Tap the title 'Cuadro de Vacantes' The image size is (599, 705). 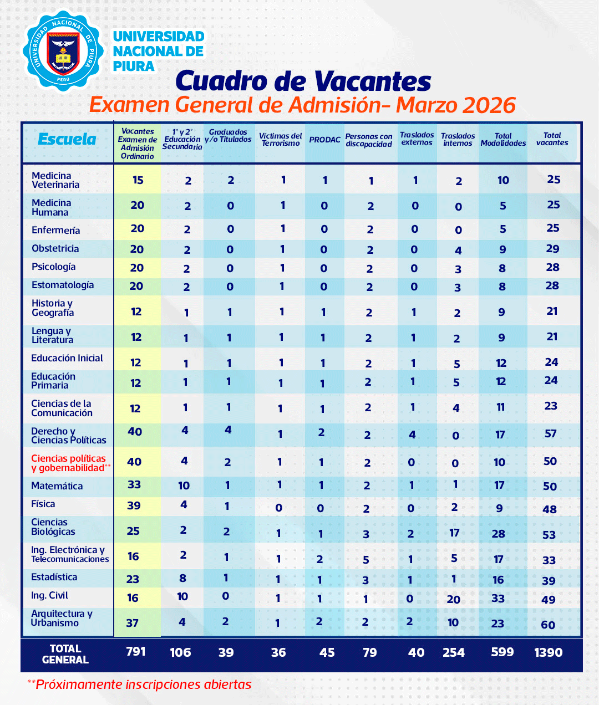(x=303, y=81)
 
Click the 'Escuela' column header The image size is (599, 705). (x=67, y=140)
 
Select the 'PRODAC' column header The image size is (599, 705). (x=324, y=140)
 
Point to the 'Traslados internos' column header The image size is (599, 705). (x=458, y=140)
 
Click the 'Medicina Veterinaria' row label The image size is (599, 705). (x=55, y=180)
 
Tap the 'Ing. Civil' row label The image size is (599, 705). (x=49, y=595)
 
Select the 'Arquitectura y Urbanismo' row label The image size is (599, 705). (x=62, y=618)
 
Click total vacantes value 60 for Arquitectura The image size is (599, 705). (x=548, y=625)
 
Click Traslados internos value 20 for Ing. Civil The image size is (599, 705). (x=454, y=599)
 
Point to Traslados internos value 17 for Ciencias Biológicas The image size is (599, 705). (x=454, y=533)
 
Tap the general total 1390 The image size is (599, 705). (x=548, y=653)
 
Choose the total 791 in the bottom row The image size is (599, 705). (x=136, y=652)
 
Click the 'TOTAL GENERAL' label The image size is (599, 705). (x=65, y=654)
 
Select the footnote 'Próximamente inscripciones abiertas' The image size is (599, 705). (x=143, y=684)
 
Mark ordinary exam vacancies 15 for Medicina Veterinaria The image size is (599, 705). (x=138, y=180)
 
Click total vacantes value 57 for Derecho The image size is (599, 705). (x=550, y=433)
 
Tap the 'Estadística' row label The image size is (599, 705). (x=54, y=577)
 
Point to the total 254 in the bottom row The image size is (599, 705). (x=454, y=653)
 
